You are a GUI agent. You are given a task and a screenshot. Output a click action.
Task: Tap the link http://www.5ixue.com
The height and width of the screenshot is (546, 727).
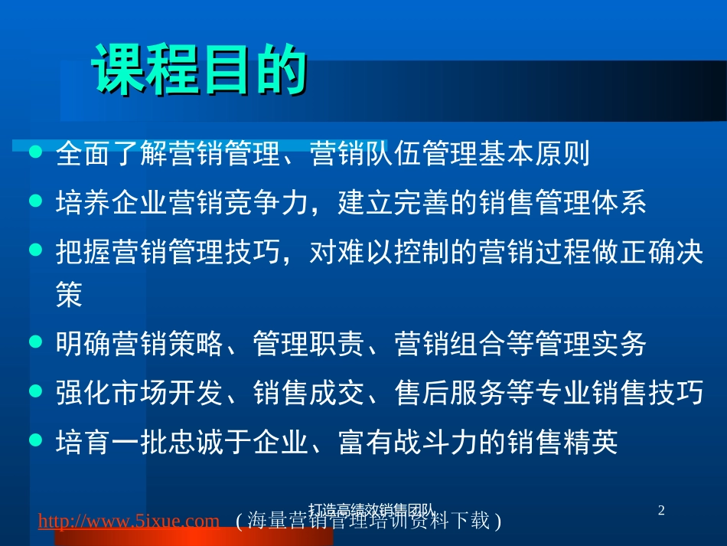pyautogui.click(x=129, y=521)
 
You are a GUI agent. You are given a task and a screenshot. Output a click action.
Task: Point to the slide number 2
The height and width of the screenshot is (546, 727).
pyautogui.click(x=662, y=509)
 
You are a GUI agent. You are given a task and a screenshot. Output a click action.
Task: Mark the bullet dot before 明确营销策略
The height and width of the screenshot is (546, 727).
pyautogui.click(x=34, y=343)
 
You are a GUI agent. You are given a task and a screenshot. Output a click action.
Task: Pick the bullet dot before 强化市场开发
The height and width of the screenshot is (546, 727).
pyautogui.click(x=34, y=391)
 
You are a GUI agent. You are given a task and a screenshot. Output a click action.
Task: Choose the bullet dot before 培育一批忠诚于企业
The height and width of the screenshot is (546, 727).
pyautogui.click(x=34, y=440)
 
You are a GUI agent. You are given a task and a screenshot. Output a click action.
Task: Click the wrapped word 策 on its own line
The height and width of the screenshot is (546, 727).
pyautogui.click(x=69, y=297)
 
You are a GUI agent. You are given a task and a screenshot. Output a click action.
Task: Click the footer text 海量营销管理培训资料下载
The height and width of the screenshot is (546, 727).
pyautogui.click(x=367, y=521)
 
